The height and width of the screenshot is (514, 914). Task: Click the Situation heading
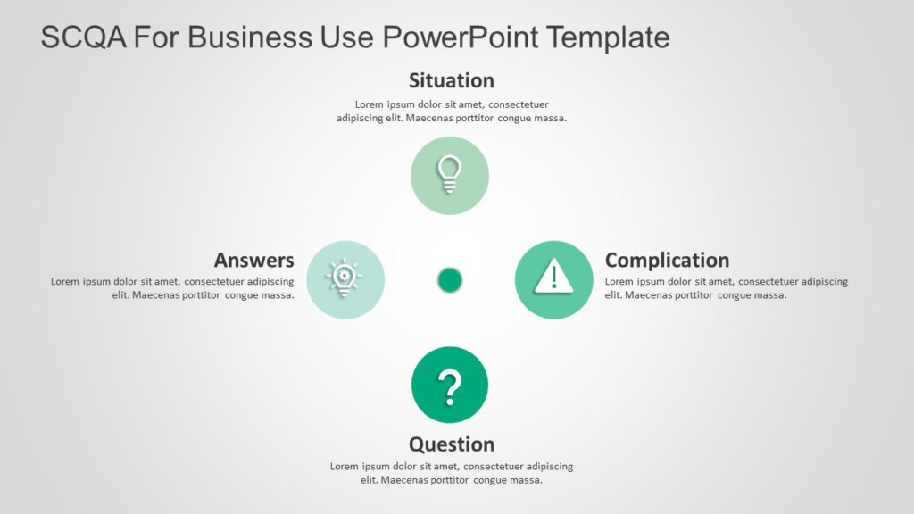pyautogui.click(x=451, y=80)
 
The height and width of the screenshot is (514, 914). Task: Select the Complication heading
pyautogui.click(x=667, y=260)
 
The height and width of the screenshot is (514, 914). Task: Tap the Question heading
pyautogui.click(x=451, y=444)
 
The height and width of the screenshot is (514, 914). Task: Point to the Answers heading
pyautogui.click(x=253, y=260)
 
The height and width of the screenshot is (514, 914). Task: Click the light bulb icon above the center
pyautogui.click(x=450, y=175)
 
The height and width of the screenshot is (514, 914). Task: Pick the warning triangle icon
pyautogui.click(x=553, y=277)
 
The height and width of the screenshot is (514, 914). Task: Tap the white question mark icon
pyautogui.click(x=450, y=385)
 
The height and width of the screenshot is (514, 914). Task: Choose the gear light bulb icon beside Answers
pyautogui.click(x=345, y=278)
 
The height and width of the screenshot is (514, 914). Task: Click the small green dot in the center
pyautogui.click(x=450, y=280)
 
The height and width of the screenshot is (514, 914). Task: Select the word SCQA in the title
pyautogui.click(x=86, y=37)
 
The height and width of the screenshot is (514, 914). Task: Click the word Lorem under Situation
pyautogui.click(x=369, y=104)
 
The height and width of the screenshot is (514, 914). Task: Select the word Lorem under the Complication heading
pyautogui.click(x=619, y=282)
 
